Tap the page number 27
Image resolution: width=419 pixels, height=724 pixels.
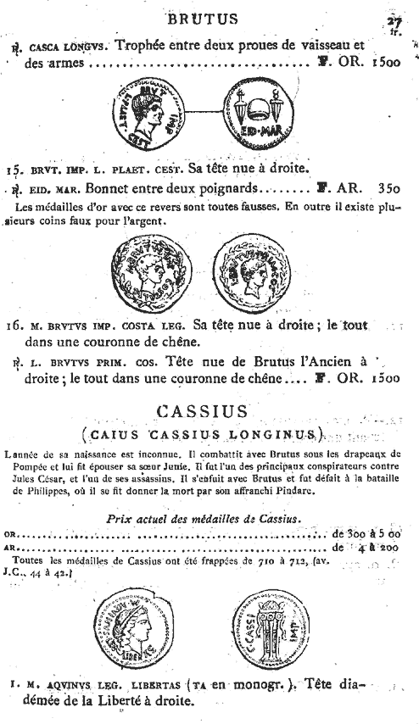(x=392, y=19)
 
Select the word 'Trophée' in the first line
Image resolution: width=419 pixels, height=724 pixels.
(x=143, y=46)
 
